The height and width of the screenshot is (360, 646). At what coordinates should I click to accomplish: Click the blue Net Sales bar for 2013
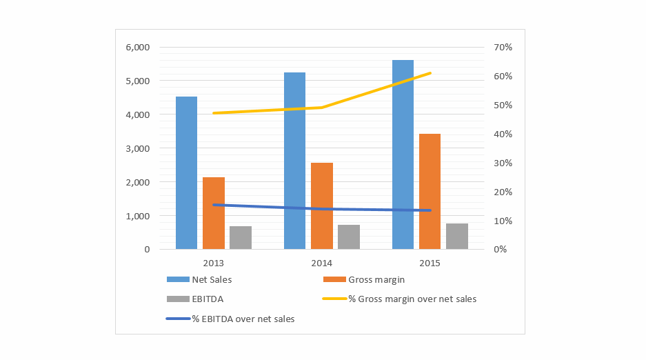click(186, 172)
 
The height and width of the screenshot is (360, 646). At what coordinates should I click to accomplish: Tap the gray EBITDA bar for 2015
click(456, 236)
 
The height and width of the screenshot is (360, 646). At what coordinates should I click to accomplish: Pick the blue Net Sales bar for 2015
click(403, 154)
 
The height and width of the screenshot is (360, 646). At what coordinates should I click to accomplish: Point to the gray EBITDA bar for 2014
click(348, 237)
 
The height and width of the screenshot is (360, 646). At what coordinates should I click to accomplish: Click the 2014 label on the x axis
click(321, 263)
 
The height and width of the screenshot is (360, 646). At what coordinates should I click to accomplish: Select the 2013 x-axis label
click(213, 263)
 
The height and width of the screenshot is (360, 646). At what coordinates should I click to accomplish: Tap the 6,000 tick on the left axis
click(137, 48)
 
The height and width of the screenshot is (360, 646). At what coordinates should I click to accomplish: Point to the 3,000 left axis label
click(137, 148)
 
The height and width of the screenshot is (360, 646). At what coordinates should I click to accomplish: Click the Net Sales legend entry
click(212, 279)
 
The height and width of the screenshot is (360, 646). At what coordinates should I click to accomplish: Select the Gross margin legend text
click(376, 279)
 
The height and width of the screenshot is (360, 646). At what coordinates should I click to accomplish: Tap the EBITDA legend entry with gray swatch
click(207, 299)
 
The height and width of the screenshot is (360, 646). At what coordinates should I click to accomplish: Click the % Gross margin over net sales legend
click(412, 299)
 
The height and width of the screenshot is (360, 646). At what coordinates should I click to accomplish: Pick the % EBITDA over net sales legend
click(243, 319)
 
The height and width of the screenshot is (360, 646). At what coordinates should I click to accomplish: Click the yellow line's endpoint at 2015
click(430, 72)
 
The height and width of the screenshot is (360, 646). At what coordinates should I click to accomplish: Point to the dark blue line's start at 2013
click(214, 204)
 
